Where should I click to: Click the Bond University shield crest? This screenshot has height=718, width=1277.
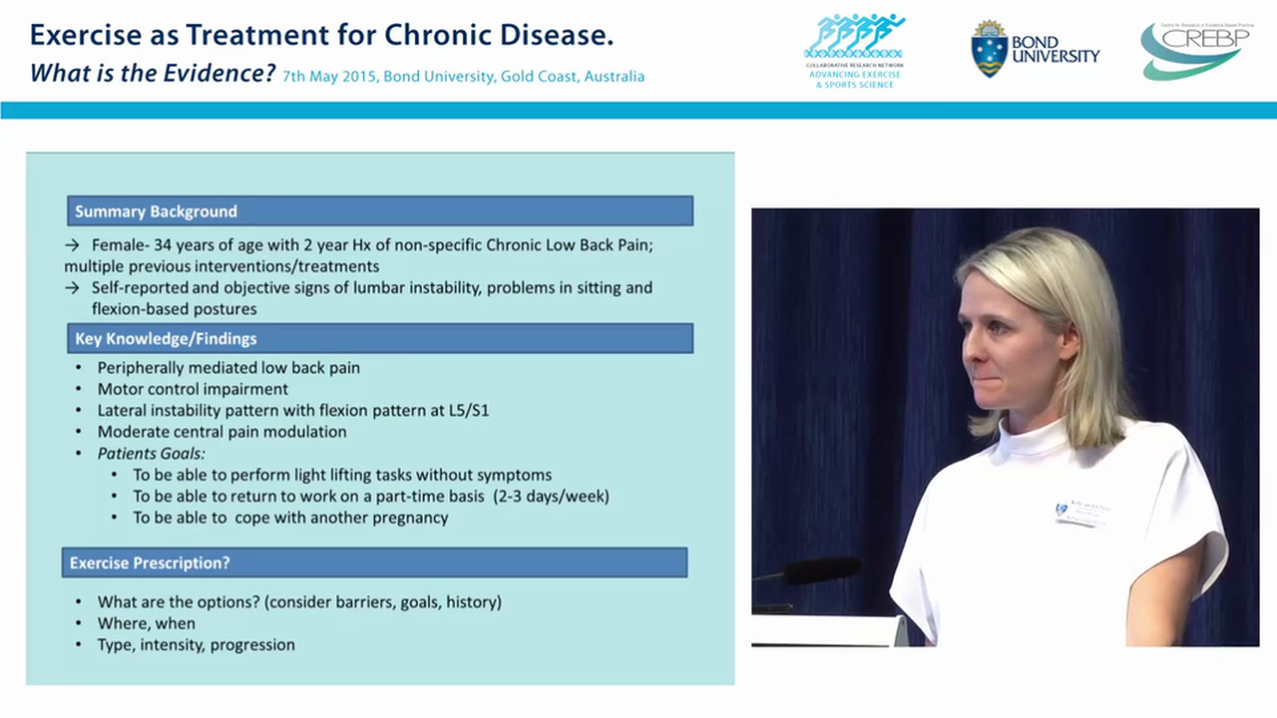[989, 49]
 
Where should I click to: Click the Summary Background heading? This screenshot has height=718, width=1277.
[156, 211]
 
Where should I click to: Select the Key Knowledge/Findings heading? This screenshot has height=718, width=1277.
[166, 339]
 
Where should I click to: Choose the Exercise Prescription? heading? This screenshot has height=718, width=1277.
[150, 563]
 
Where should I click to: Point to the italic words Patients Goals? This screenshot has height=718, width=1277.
[151, 453]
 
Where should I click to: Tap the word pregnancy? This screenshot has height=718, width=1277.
[404, 518]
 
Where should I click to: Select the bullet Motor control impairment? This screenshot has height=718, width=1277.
[193, 389]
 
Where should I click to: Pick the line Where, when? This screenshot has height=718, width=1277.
[146, 623]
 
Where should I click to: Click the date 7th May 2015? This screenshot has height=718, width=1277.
[328, 77]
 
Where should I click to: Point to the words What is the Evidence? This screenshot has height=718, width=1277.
[152, 74]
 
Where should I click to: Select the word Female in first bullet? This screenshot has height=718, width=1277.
[117, 245]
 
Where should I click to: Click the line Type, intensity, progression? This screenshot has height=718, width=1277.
[196, 645]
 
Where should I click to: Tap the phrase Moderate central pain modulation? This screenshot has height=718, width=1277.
[221, 432]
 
